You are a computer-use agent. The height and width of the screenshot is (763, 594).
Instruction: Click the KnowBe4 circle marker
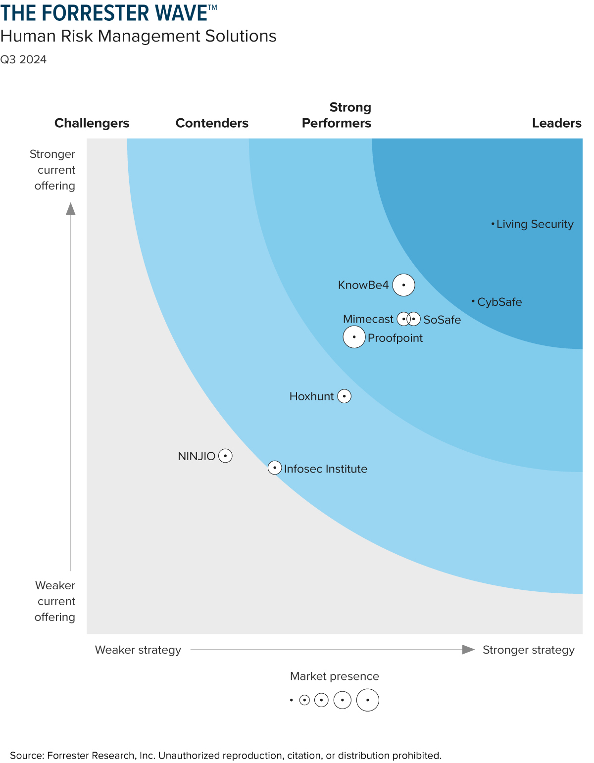coord(403,285)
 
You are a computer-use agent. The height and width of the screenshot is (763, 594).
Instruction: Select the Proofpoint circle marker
coord(354,337)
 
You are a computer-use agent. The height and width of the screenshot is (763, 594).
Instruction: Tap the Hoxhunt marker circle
coord(344,396)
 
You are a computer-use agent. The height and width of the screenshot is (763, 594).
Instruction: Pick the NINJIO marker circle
coord(225,456)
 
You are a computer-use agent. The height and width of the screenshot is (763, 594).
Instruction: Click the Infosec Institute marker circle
coord(275,468)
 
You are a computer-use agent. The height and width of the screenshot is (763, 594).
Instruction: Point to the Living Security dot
coord(493,224)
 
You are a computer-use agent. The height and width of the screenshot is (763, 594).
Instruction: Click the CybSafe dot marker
coord(473,301)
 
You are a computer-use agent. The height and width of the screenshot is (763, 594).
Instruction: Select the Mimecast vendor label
coord(368,319)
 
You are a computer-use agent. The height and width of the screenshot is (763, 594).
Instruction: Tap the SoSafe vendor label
coord(442,320)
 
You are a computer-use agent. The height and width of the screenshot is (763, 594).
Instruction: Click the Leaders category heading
coord(556,123)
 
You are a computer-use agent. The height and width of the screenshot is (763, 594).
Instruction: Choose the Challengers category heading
coord(92,123)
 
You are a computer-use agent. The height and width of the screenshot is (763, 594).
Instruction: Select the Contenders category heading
coord(212,123)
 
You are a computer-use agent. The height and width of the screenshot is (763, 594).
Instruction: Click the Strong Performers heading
coord(337,115)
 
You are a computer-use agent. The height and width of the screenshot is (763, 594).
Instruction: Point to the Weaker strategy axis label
coord(138,650)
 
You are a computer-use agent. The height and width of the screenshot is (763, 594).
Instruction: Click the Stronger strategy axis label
coord(528,650)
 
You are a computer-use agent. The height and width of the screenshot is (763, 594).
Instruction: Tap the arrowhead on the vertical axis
coord(71,209)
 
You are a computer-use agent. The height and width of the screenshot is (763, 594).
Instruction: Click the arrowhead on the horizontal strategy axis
coord(468,649)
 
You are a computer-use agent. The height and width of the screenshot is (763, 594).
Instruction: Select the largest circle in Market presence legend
coord(368,700)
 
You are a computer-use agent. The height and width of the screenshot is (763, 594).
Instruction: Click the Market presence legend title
coord(334,676)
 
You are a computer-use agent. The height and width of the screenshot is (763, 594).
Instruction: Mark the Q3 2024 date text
coord(23,59)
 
